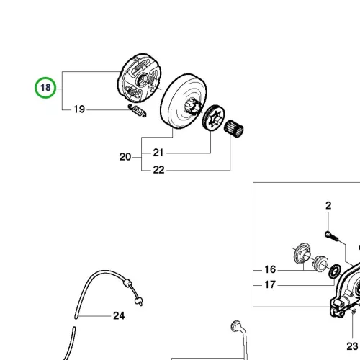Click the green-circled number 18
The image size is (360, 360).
point(45,88)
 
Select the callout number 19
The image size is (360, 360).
point(79,109)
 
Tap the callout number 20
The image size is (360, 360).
point(125,157)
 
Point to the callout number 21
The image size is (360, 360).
point(158,153)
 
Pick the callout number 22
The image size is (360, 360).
point(158,170)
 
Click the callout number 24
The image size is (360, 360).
point(119,316)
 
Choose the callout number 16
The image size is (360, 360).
point(270,269)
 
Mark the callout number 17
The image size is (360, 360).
point(270,285)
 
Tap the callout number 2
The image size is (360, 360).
point(328,206)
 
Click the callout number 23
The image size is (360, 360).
point(352,346)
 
